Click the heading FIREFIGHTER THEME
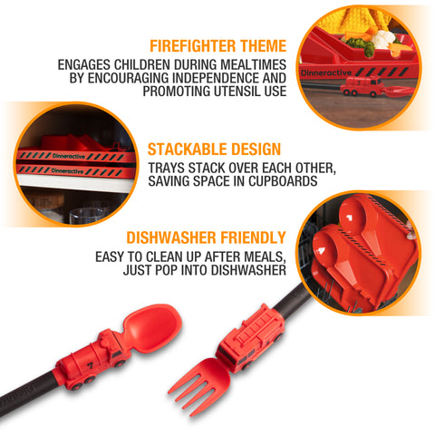pos(217,46)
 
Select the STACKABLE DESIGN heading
pos(214,149)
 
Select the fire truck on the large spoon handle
pos(92,358)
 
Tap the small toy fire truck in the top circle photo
pos(363,88)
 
